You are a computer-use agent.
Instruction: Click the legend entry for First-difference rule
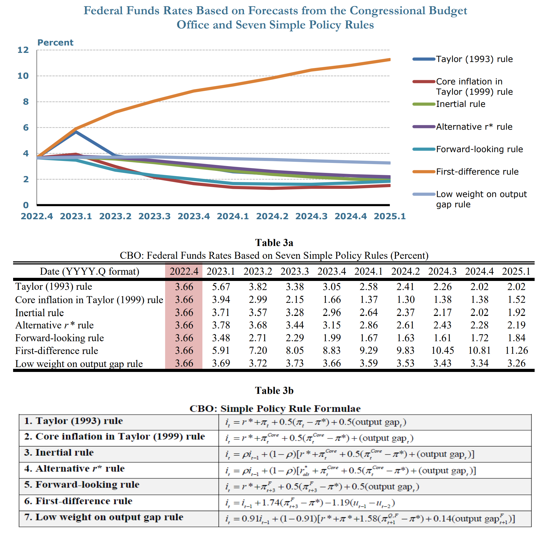click(x=477, y=172)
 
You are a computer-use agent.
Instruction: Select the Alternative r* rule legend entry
click(x=474, y=127)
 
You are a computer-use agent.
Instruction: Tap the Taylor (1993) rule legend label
click(x=474, y=59)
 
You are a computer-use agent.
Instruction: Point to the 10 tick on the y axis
click(x=23, y=76)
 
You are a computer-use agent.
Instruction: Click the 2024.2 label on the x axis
click(x=272, y=216)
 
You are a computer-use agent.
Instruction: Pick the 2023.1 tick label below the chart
click(x=76, y=216)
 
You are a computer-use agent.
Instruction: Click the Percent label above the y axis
click(x=55, y=43)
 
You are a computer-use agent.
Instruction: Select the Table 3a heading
click(x=274, y=243)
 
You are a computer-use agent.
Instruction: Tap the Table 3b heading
click(x=274, y=390)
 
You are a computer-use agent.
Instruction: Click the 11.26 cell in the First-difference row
click(x=516, y=350)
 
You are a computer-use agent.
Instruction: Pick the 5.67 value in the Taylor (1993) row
click(x=221, y=287)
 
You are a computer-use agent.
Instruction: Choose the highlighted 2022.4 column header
click(x=184, y=271)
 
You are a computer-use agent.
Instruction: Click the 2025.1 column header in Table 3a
click(x=516, y=271)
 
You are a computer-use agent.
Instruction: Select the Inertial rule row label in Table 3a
click(x=40, y=313)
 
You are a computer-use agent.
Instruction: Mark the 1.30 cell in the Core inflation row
click(x=405, y=299)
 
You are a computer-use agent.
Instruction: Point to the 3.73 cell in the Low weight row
click(x=295, y=363)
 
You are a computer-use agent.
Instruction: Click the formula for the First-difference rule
click(x=310, y=503)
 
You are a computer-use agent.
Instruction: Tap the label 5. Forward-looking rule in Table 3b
click(x=82, y=485)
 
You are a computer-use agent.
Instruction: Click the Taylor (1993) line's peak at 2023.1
click(x=76, y=132)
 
